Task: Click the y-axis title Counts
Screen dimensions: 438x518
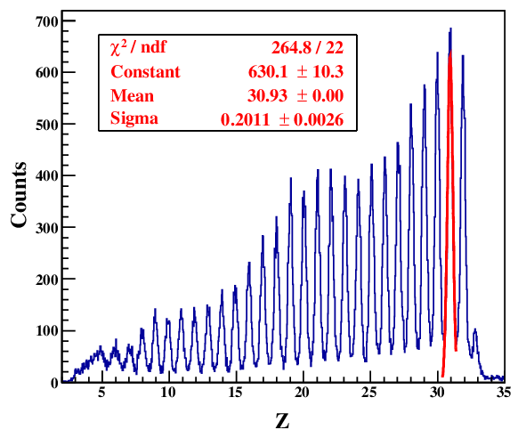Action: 20,197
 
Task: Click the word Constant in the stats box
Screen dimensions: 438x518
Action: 145,72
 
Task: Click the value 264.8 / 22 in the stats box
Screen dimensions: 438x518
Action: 308,49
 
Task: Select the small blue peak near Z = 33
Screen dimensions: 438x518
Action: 475,331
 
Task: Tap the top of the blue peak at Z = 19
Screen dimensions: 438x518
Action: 290,179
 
